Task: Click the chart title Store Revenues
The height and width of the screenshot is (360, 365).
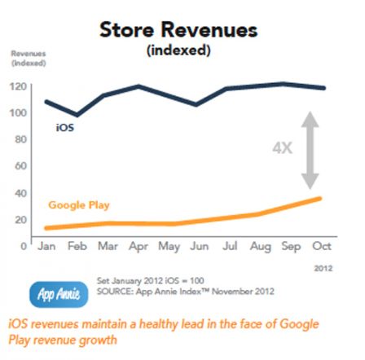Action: coord(178,30)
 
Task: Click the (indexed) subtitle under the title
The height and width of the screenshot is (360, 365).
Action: coord(178,50)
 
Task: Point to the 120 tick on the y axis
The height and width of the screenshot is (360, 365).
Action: coord(17,86)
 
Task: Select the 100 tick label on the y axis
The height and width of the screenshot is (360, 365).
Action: coord(17,112)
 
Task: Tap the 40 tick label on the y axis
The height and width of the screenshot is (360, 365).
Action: coord(20,193)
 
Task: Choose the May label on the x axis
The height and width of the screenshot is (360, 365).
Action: coord(169,246)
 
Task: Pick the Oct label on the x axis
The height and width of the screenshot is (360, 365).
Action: coord(322,246)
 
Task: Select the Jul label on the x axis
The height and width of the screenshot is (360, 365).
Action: coord(231,246)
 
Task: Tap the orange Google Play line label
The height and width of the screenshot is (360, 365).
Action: coord(79,205)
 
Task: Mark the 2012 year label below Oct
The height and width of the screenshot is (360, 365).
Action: coord(323,266)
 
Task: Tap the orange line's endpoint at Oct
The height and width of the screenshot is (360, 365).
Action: coord(320,198)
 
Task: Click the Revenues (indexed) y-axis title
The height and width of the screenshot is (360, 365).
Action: coord(28,58)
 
